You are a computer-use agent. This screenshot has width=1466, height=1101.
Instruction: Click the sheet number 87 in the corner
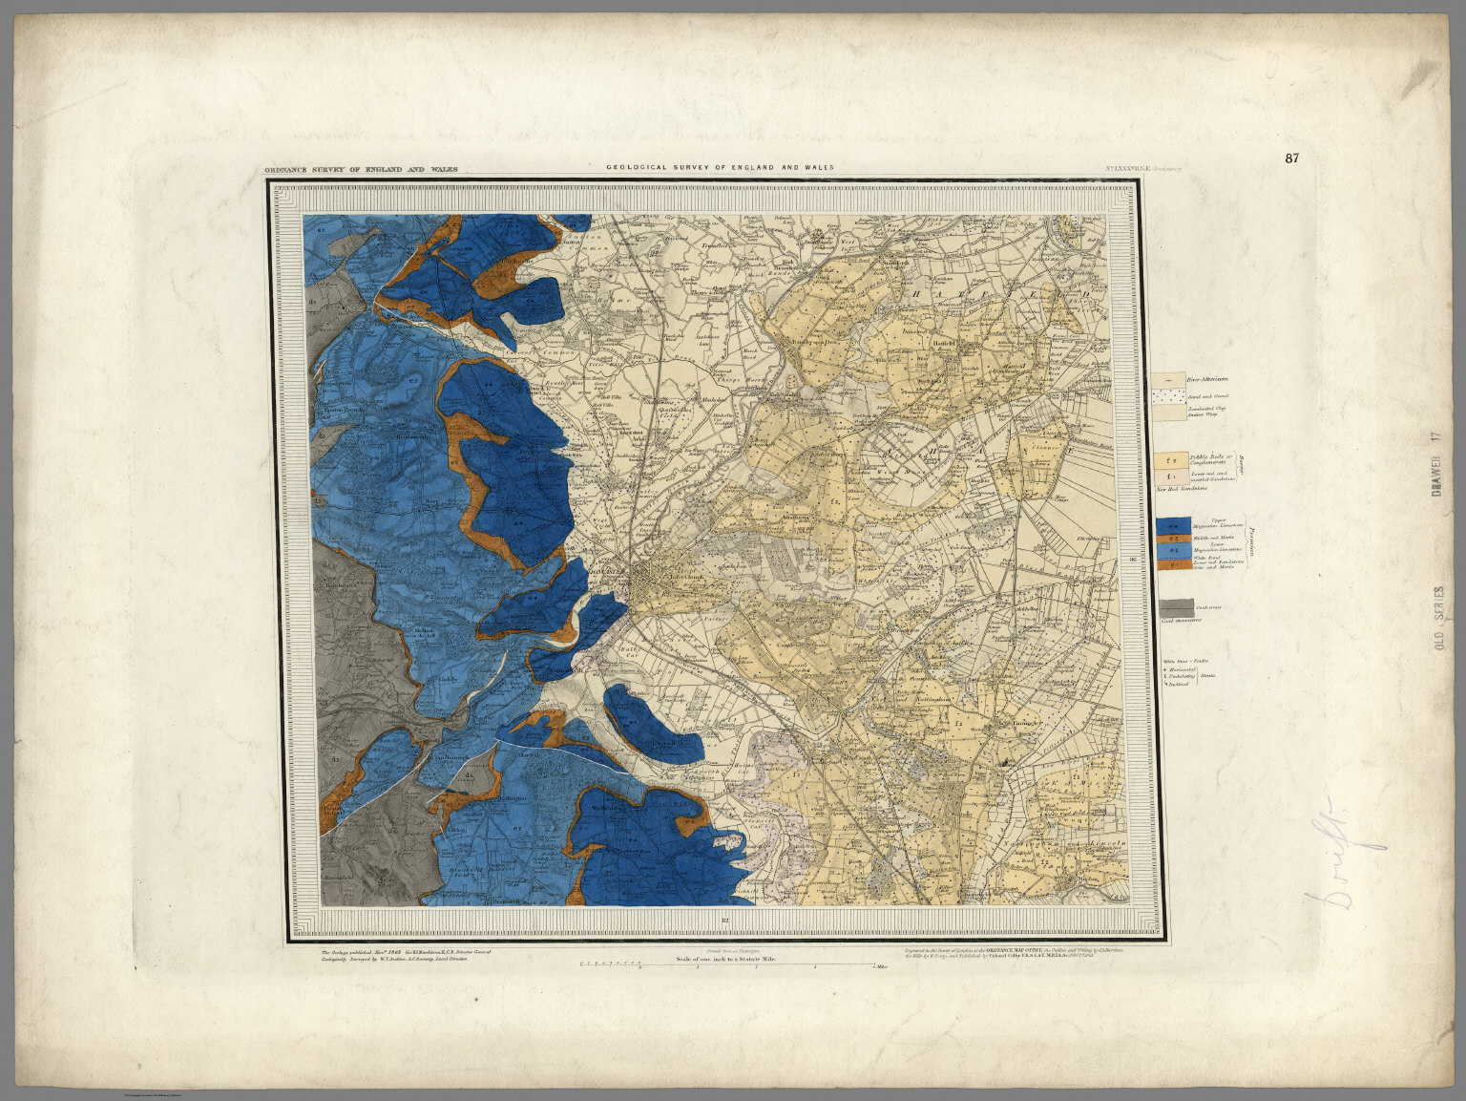point(1291,159)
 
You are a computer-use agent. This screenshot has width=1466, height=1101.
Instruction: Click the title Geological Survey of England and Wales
point(720,168)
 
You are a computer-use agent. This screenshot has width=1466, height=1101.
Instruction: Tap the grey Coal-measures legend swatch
point(1176,608)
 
